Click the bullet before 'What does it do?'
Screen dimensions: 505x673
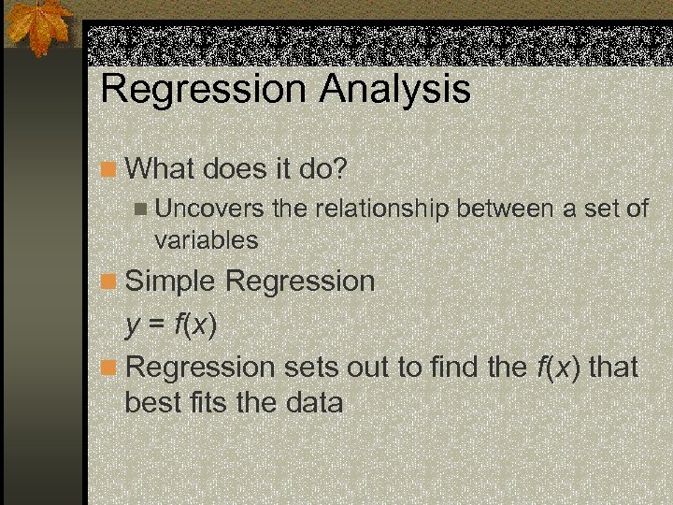click(110, 169)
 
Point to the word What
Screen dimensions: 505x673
click(156, 168)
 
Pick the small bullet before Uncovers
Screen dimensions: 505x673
click(141, 209)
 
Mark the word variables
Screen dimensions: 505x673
click(206, 239)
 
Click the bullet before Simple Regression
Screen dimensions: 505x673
click(110, 281)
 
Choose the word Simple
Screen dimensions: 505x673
click(171, 281)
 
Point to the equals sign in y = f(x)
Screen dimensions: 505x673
click(157, 325)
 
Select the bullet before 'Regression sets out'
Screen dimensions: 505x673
click(110, 368)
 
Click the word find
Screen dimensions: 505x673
click(457, 367)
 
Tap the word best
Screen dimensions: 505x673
click(150, 403)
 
